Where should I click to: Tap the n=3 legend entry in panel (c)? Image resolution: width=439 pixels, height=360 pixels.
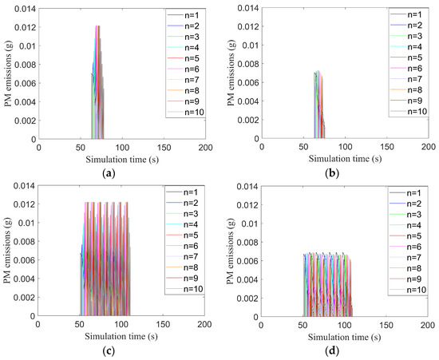click(x=191, y=214)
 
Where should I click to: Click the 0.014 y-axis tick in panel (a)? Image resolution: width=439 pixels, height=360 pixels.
click(x=23, y=8)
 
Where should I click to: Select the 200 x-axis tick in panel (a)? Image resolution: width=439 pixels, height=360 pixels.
click(x=205, y=148)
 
